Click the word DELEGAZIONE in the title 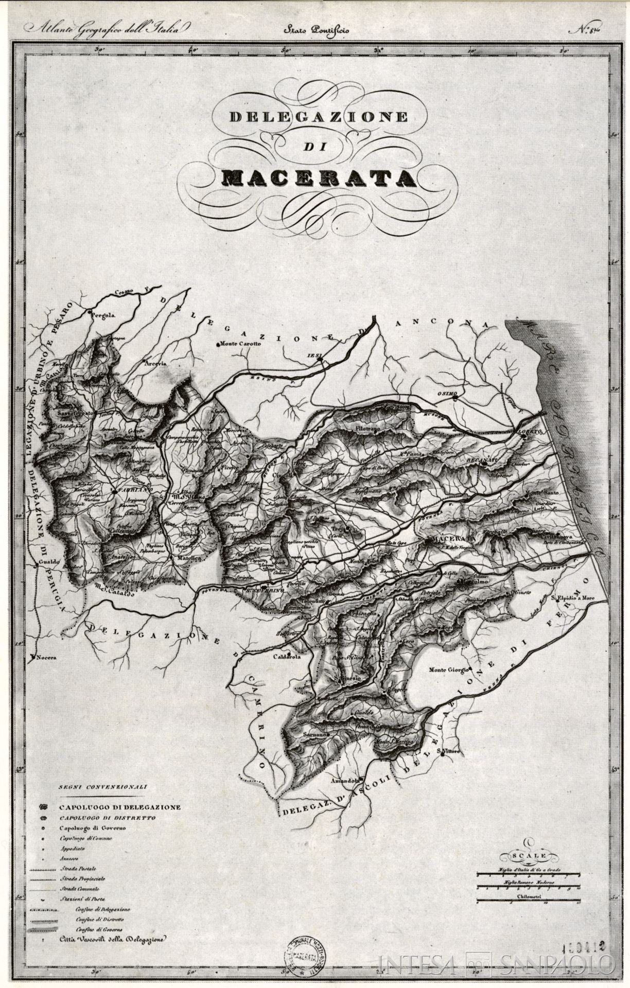(x=318, y=117)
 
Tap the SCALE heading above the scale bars (x=528, y=855)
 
